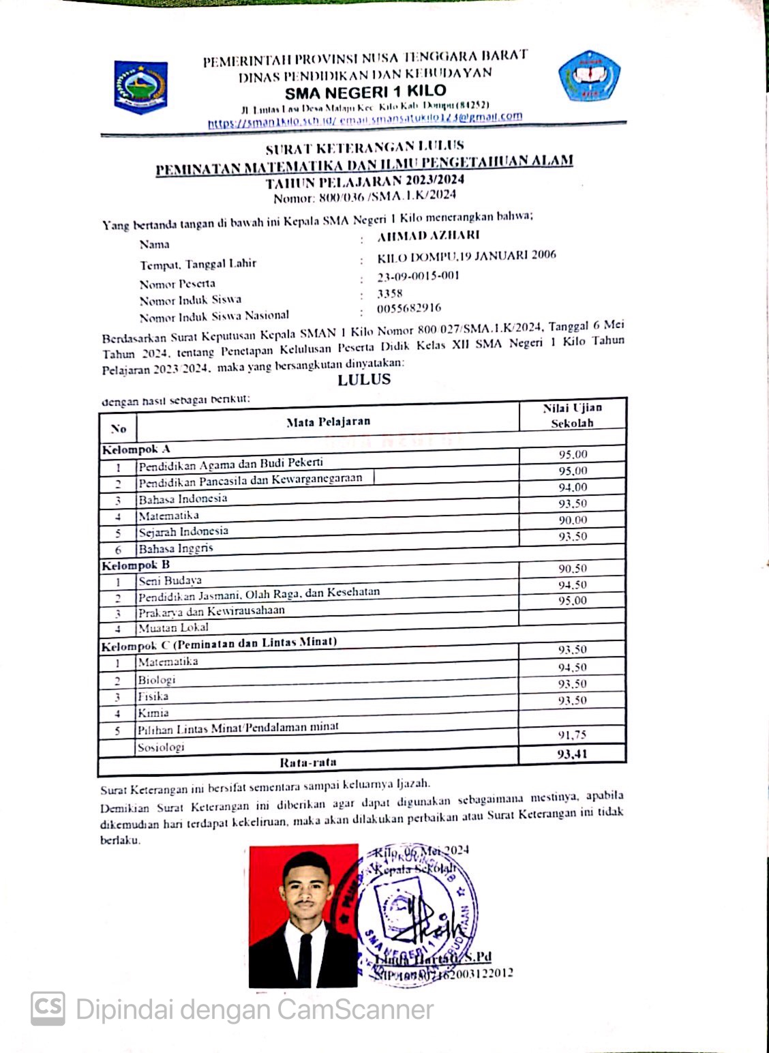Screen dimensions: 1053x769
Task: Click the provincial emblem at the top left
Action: click(x=140, y=87)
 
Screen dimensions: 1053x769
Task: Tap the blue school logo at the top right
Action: click(x=589, y=76)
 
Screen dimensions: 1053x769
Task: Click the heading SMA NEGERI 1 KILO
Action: click(x=365, y=91)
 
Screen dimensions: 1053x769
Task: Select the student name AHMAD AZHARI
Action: click(x=429, y=235)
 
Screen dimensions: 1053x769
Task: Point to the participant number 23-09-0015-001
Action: click(x=419, y=276)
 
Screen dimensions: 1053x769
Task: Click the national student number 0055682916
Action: click(x=409, y=308)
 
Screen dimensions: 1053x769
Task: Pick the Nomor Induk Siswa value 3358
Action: click(x=390, y=293)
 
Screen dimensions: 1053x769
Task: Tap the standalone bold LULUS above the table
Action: click(x=364, y=380)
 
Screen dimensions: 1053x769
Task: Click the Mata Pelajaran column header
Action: click(x=328, y=421)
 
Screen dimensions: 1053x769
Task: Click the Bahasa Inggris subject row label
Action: click(x=176, y=548)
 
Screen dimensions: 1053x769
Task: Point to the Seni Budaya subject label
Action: click(x=170, y=580)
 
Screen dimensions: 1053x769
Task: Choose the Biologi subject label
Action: click(x=157, y=679)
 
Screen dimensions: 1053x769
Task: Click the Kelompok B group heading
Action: click(x=136, y=565)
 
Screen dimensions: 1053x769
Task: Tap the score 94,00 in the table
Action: click(x=573, y=487)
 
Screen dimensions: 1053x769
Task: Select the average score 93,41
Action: click(x=572, y=754)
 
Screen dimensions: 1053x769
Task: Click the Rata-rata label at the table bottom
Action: click(x=308, y=762)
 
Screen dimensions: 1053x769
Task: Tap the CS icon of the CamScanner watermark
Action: click(x=48, y=1008)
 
